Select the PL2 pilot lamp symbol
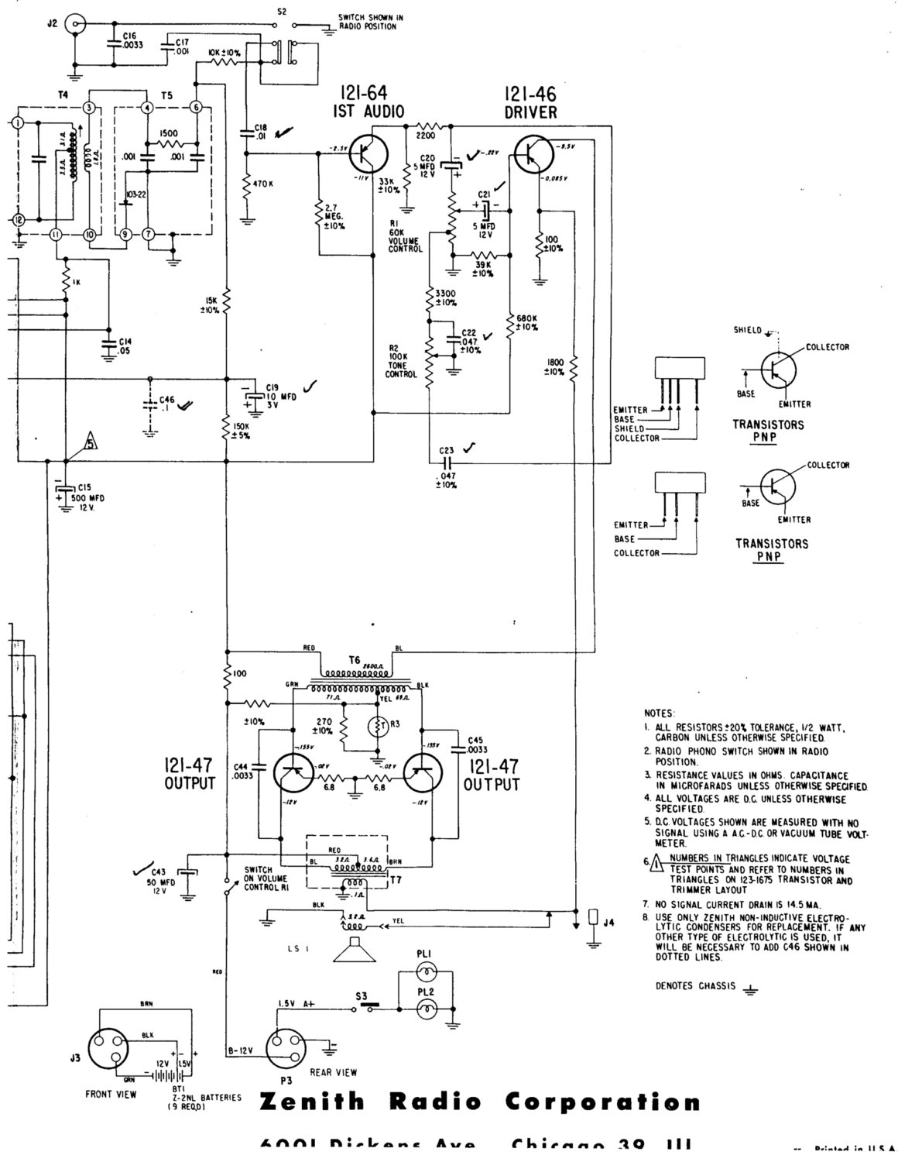424,1008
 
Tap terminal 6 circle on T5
196,107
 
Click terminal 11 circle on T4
55,234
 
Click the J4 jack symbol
593,917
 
